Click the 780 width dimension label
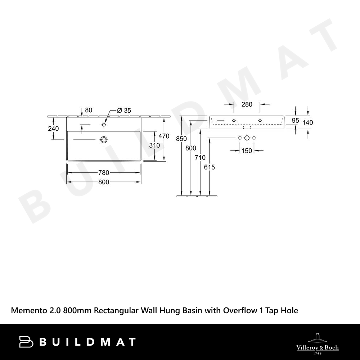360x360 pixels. (x=104, y=172)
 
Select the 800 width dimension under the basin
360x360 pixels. (x=104, y=182)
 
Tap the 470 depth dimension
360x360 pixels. (x=164, y=136)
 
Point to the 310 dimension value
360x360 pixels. (x=154, y=145)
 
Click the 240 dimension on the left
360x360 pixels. (x=54, y=129)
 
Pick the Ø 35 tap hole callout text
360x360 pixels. (x=124, y=111)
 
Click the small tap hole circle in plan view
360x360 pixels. (x=104, y=125)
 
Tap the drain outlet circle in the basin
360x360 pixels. (x=104, y=140)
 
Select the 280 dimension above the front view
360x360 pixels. (x=247, y=104)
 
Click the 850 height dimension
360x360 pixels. (x=181, y=139)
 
